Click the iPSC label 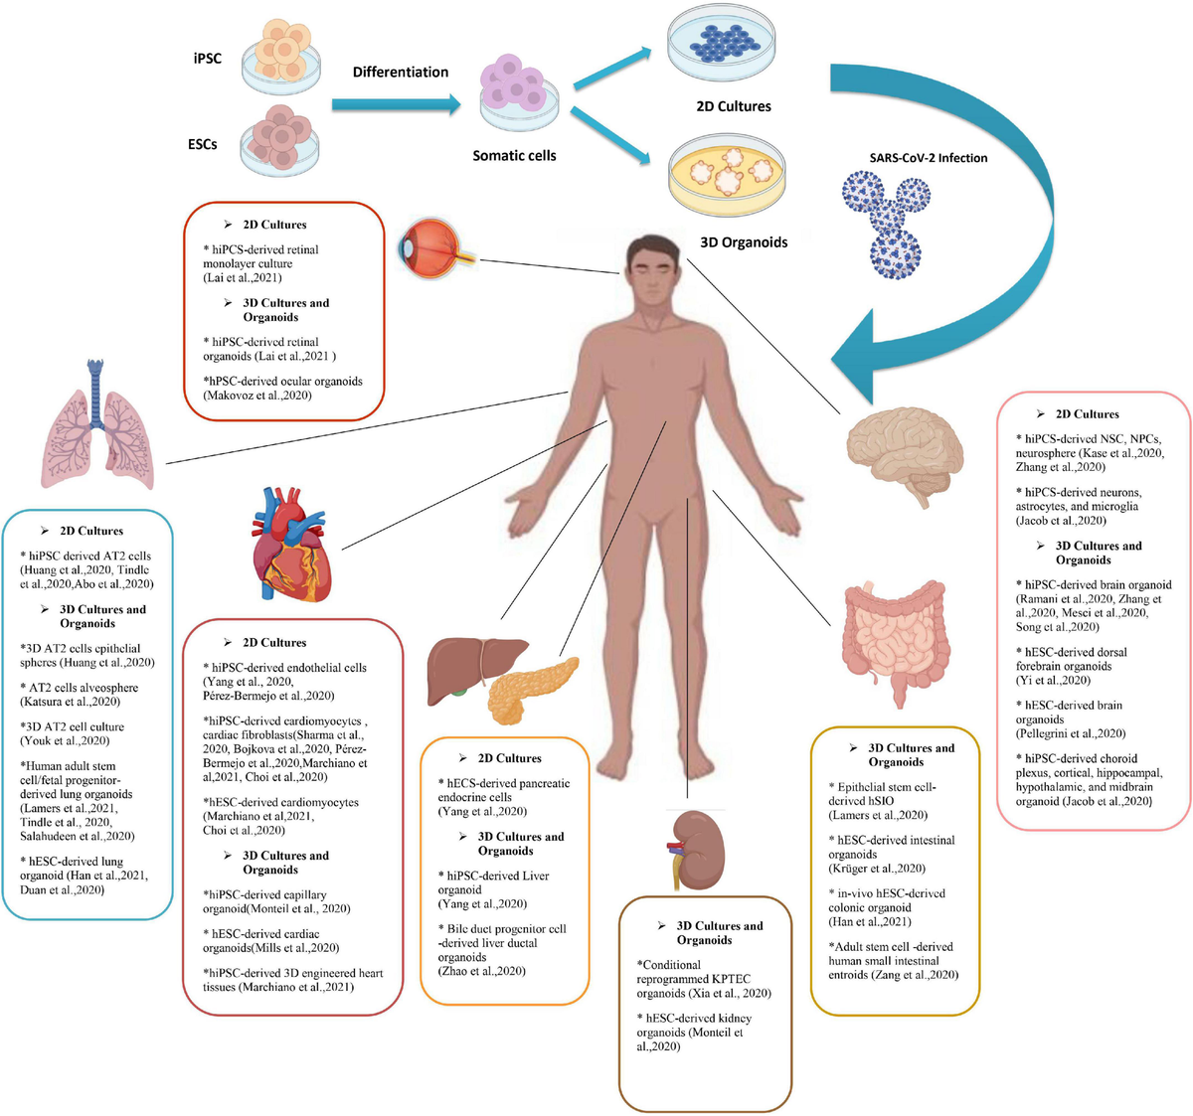[x=207, y=59]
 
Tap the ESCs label [x=202, y=144]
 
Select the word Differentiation [x=400, y=73]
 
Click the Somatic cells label [x=514, y=156]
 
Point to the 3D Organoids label [x=744, y=242]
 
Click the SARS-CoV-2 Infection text [x=928, y=158]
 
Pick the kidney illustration [x=697, y=848]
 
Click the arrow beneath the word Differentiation [x=396, y=103]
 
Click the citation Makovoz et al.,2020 [x=257, y=396]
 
